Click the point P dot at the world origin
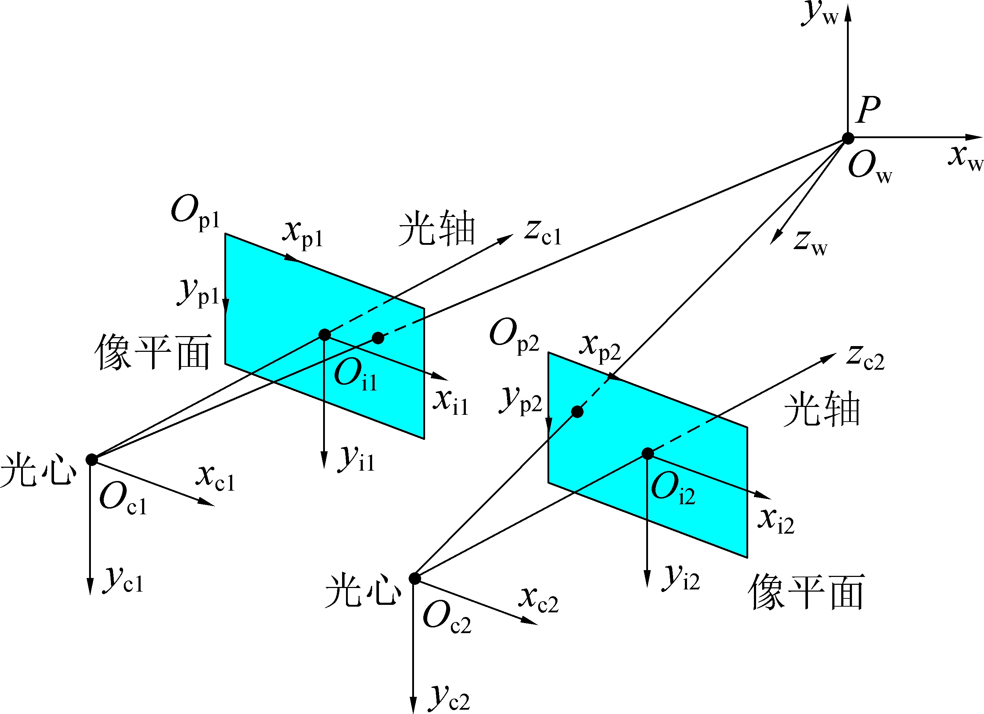click(x=848, y=139)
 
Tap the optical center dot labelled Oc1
click(x=92, y=460)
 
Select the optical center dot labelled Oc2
click(x=415, y=578)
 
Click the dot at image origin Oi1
click(x=325, y=335)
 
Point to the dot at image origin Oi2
click(x=647, y=453)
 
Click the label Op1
click(x=196, y=212)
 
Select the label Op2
click(x=514, y=335)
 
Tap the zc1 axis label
click(x=543, y=232)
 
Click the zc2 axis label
click(x=865, y=357)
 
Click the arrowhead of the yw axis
click(x=848, y=12)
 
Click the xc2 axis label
click(x=539, y=600)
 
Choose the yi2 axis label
click(x=681, y=578)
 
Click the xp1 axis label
click(x=303, y=235)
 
